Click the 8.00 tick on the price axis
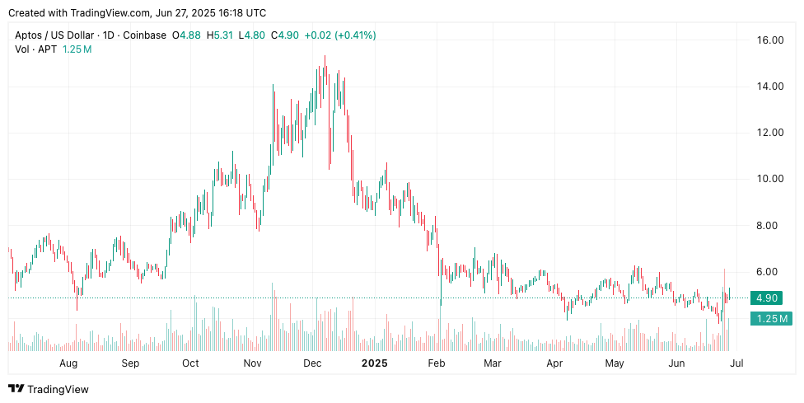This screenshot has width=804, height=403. (771, 225)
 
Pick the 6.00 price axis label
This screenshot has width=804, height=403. (771, 272)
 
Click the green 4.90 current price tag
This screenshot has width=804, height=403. (769, 298)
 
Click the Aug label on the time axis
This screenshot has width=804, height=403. (68, 363)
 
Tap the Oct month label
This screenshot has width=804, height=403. (190, 363)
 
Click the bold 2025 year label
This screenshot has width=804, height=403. (375, 363)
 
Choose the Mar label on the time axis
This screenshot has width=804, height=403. (493, 363)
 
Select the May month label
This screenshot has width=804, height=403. (615, 363)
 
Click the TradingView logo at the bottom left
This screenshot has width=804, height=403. (49, 389)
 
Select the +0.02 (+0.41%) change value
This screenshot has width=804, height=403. (341, 35)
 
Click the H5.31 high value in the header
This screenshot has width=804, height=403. (220, 35)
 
